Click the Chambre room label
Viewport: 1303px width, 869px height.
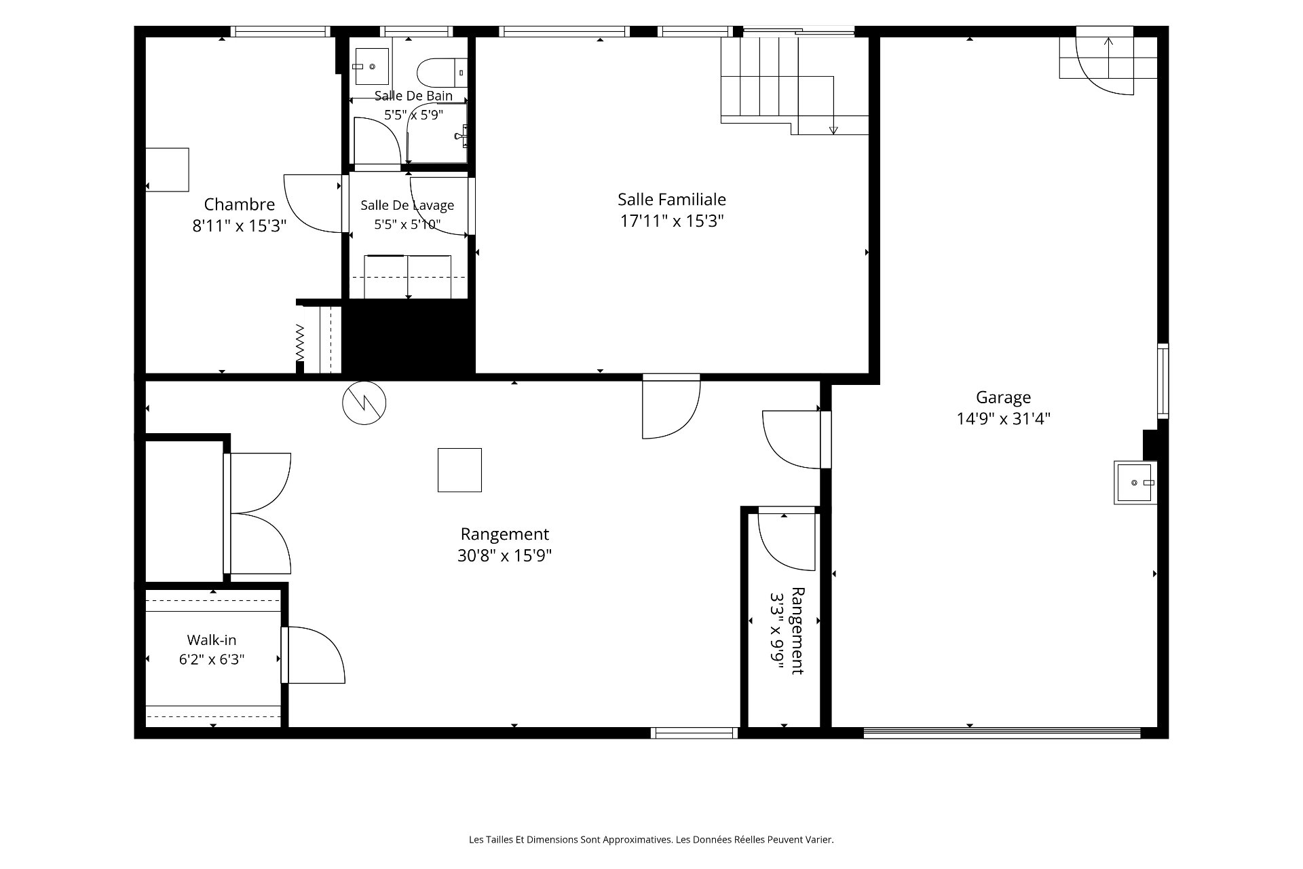pyautogui.click(x=240, y=204)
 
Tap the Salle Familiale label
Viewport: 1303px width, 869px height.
pyautogui.click(x=672, y=200)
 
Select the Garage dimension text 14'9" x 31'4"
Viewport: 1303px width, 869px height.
pyautogui.click(x=1004, y=419)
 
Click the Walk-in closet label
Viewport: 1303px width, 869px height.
pyautogui.click(x=212, y=640)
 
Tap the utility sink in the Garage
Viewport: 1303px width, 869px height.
pyautogui.click(x=1135, y=483)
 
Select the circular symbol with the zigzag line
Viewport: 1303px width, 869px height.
pyautogui.click(x=364, y=403)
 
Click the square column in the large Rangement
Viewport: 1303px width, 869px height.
pyautogui.click(x=459, y=470)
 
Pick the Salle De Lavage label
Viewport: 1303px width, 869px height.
pyautogui.click(x=407, y=205)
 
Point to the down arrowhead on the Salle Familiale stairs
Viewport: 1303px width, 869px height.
pyautogui.click(x=833, y=130)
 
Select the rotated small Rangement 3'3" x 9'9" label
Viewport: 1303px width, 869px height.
pyautogui.click(x=787, y=631)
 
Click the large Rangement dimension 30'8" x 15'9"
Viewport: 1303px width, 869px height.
pyautogui.click(x=504, y=556)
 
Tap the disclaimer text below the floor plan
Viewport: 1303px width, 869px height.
pyautogui.click(x=651, y=840)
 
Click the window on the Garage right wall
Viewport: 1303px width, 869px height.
pyautogui.click(x=1163, y=380)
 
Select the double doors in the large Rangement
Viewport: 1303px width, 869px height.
pyautogui.click(x=258, y=513)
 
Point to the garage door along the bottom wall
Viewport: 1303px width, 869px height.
pyautogui.click(x=1002, y=733)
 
